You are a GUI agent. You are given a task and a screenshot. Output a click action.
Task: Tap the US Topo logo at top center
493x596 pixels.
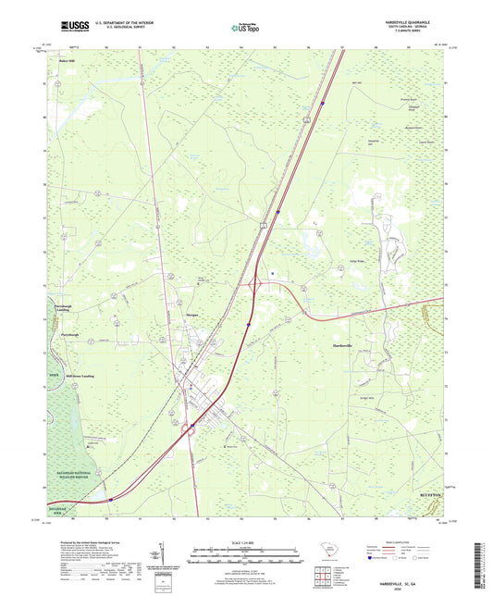(x=244, y=28)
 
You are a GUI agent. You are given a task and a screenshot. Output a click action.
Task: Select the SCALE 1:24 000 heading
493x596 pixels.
(x=245, y=541)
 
